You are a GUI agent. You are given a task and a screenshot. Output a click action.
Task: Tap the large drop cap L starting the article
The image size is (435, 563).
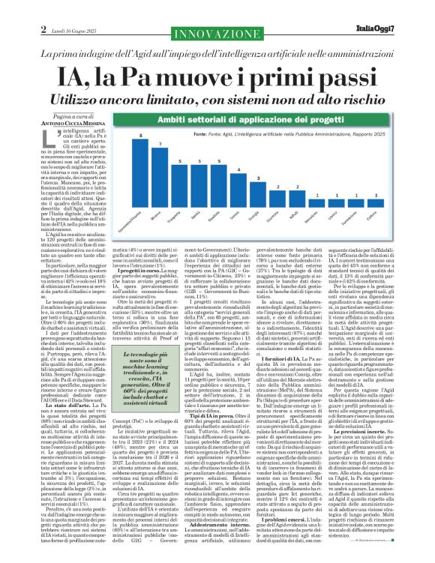[46, 135]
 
